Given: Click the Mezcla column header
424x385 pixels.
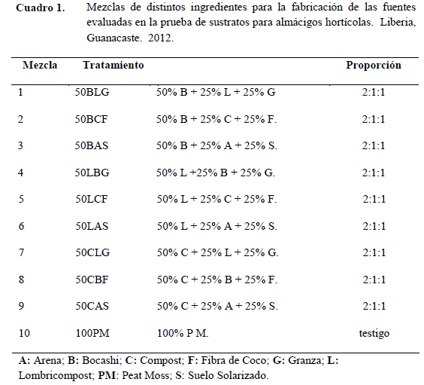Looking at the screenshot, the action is pyautogui.click(x=40, y=66).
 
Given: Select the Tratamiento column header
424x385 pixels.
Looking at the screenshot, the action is pyautogui.click(x=114, y=66).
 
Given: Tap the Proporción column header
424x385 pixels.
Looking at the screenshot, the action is pyautogui.click(x=374, y=66).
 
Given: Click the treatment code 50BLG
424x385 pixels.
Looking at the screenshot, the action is pyautogui.click(x=92, y=92).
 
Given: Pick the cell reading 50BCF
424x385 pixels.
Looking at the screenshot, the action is pyautogui.click(x=92, y=119).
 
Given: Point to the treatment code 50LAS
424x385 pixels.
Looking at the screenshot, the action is pyautogui.click(x=92, y=226).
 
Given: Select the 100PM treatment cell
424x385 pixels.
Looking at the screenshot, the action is pyautogui.click(x=92, y=333).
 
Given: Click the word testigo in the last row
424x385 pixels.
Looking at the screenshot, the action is pyautogui.click(x=374, y=334).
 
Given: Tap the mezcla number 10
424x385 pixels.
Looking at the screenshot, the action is pyautogui.click(x=24, y=333).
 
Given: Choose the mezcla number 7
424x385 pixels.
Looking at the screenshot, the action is pyautogui.click(x=21, y=252).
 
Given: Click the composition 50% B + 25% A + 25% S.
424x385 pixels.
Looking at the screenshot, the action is pyautogui.click(x=217, y=145).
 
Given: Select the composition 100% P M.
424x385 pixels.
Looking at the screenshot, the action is pyautogui.click(x=183, y=333).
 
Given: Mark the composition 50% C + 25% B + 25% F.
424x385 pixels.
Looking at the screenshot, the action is pyautogui.click(x=217, y=280).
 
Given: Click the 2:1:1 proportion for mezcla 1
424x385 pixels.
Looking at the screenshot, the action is pyautogui.click(x=374, y=92).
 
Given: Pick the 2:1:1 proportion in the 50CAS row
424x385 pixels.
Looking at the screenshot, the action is pyautogui.click(x=374, y=306).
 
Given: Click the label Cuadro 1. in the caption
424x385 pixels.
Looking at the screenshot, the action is pyautogui.click(x=41, y=8).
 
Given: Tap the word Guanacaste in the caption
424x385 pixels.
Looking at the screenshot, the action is pyautogui.click(x=114, y=38).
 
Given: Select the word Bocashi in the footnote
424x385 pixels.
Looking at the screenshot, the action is pyautogui.click(x=101, y=361).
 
